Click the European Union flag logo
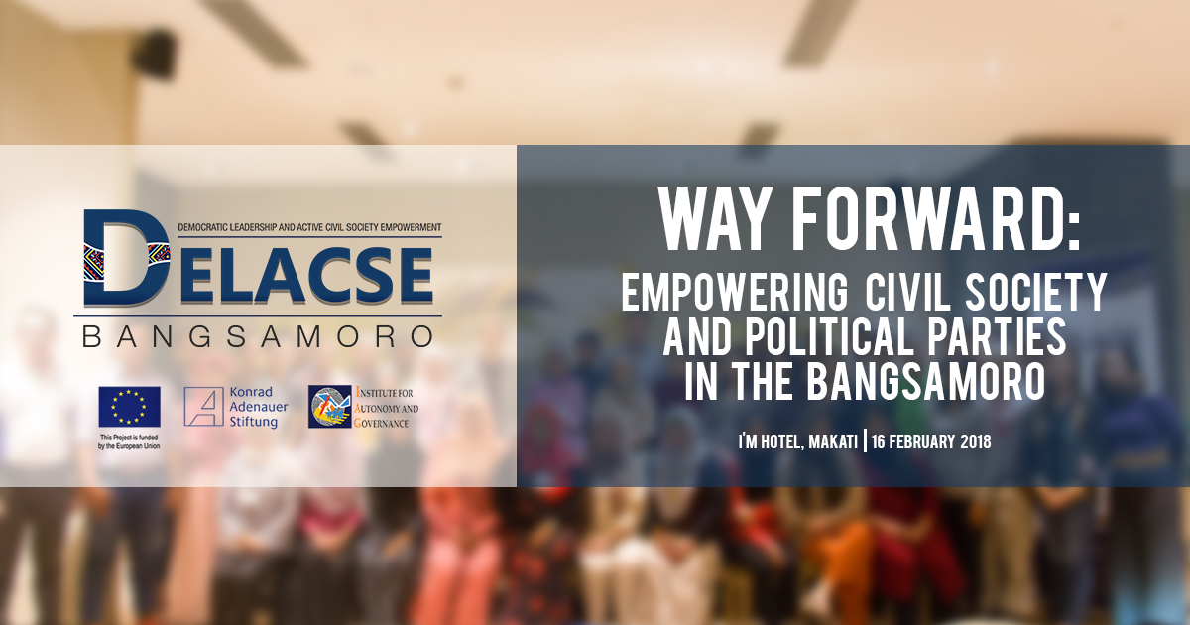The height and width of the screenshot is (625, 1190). click(129, 407)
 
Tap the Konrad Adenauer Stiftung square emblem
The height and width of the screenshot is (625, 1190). click(203, 407)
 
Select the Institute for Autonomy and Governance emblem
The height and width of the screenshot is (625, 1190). click(330, 407)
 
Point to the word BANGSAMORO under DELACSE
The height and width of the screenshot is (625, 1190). click(258, 336)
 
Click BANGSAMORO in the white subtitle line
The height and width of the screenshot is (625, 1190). click(926, 382)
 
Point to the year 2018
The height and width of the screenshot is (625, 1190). click(976, 442)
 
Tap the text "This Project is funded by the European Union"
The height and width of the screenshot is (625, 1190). click(129, 441)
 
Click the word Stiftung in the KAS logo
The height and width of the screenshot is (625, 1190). click(254, 422)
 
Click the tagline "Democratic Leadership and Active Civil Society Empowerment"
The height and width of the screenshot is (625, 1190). click(309, 227)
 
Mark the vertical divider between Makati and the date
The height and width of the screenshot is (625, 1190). click(866, 441)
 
